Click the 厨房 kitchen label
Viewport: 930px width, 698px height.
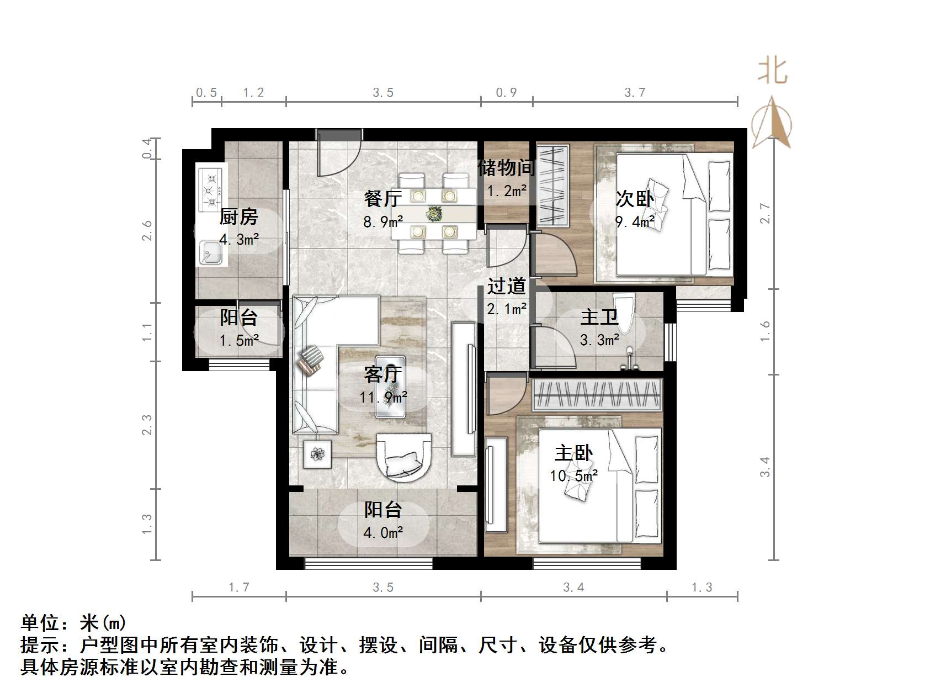pyautogui.click(x=238, y=217)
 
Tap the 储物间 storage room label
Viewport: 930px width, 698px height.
pyautogui.click(x=506, y=167)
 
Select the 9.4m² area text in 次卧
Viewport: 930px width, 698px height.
pyautogui.click(x=635, y=222)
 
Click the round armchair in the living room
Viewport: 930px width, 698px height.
pyautogui.click(x=403, y=457)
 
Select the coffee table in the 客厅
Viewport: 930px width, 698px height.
pyautogui.click(x=391, y=387)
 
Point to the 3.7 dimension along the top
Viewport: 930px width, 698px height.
pyautogui.click(x=635, y=93)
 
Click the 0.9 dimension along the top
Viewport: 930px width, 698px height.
pyautogui.click(x=506, y=93)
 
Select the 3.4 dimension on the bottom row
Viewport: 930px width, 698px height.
pyautogui.click(x=573, y=588)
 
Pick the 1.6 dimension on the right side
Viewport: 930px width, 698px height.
pyautogui.click(x=765, y=331)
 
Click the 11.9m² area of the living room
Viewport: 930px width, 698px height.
pyautogui.click(x=383, y=396)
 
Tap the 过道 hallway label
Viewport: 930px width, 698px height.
pyautogui.click(x=506, y=286)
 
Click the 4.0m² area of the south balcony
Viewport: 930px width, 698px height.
pyautogui.click(x=383, y=532)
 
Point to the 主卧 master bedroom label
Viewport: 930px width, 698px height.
pyautogui.click(x=573, y=453)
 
